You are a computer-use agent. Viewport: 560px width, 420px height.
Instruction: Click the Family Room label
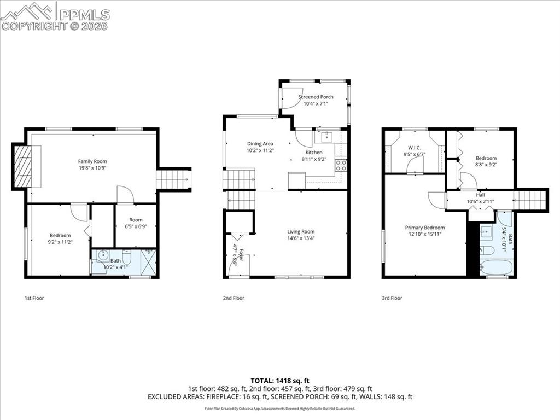pos(92,161)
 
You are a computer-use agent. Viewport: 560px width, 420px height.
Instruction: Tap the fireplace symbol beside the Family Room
pos(22,166)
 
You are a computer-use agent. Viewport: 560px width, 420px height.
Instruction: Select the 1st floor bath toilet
pos(126,256)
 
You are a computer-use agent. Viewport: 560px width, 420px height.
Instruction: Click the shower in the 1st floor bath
pos(148,261)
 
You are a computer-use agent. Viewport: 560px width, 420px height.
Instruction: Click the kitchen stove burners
pos(341,165)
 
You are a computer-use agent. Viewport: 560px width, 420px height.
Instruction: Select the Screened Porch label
pos(316,97)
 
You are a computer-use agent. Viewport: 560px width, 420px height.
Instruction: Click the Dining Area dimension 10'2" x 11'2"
pos(260,150)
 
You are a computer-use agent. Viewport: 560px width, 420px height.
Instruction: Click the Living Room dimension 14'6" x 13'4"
pos(301,238)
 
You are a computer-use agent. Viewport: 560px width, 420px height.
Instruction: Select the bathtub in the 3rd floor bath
pos(497,268)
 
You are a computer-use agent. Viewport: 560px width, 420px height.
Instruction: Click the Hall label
pos(480,194)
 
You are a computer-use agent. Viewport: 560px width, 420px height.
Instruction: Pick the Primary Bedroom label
pos(424,227)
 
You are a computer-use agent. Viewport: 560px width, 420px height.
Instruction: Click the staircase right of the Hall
pos(530,200)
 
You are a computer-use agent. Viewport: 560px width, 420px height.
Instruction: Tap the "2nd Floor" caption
pos(234,298)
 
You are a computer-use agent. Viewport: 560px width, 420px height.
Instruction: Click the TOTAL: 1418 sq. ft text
pos(280,381)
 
